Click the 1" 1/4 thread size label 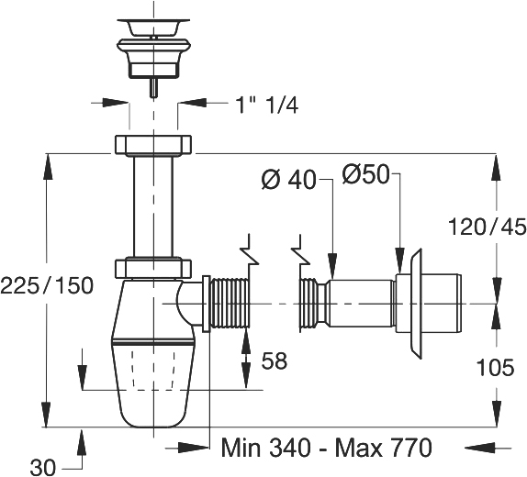267,105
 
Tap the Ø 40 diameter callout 288,180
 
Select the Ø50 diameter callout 365,174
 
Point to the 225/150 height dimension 47,286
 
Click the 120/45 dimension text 488,227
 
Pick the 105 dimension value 496,367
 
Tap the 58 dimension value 275,361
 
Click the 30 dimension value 42,467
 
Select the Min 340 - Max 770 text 326,447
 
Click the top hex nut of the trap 153,145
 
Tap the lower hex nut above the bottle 153,269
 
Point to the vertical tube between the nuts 153,206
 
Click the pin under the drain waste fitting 153,87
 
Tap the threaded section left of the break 230,304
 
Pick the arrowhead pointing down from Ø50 400,260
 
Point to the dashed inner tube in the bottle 153,371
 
